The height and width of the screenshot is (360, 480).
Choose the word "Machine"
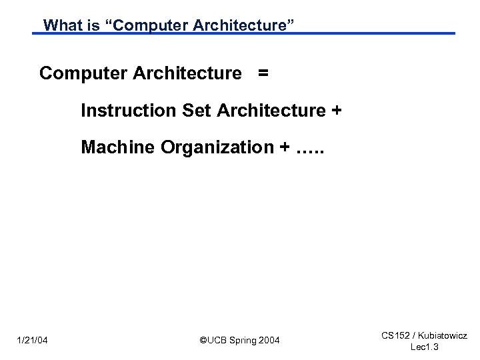click(118, 147)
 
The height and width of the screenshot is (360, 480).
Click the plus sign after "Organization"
click(279, 147)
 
